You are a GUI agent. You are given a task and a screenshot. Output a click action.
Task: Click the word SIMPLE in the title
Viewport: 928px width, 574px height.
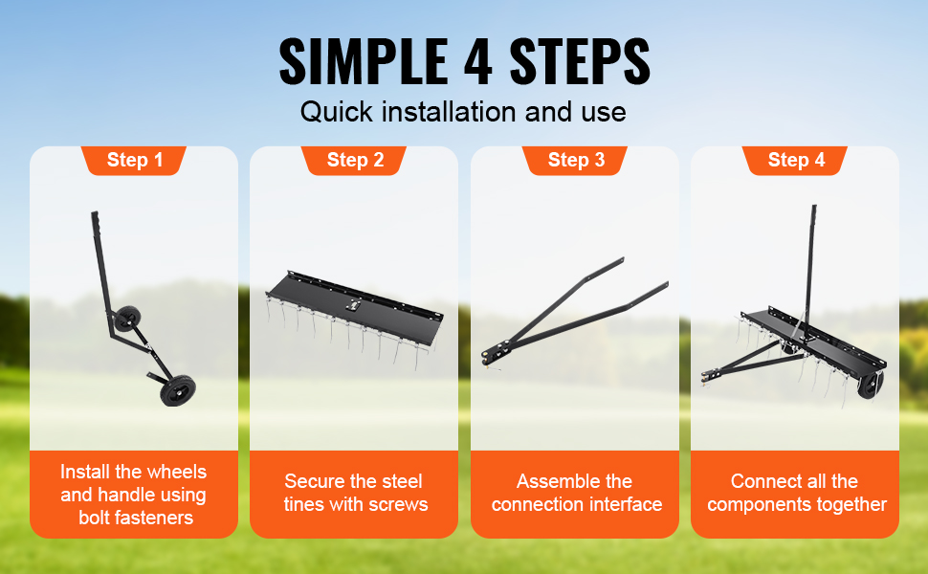[363, 61]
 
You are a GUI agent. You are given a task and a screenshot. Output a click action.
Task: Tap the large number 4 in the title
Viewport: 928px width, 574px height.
[478, 61]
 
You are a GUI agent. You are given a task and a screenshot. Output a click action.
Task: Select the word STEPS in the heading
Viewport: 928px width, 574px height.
[580, 61]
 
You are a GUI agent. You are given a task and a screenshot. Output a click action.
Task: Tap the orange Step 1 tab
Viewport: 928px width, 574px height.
[134, 161]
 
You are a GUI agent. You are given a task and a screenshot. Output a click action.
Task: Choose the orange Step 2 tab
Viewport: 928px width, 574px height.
[355, 161]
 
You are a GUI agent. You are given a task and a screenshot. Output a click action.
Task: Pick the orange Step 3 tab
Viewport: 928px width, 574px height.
[575, 161]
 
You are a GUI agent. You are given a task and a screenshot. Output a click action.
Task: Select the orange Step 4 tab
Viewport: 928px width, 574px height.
[795, 161]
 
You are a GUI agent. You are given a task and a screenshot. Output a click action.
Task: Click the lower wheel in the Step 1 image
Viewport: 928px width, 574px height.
[178, 390]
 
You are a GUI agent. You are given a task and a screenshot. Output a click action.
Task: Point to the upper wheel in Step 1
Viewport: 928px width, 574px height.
[127, 320]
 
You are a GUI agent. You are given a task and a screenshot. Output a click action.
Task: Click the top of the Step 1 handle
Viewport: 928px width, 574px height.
[94, 214]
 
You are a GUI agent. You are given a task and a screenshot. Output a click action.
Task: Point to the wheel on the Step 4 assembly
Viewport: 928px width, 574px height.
[872, 384]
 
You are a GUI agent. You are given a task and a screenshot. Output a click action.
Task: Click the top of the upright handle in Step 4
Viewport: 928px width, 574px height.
[814, 209]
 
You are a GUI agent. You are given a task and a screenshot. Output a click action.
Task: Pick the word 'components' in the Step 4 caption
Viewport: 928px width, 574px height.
[758, 505]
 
